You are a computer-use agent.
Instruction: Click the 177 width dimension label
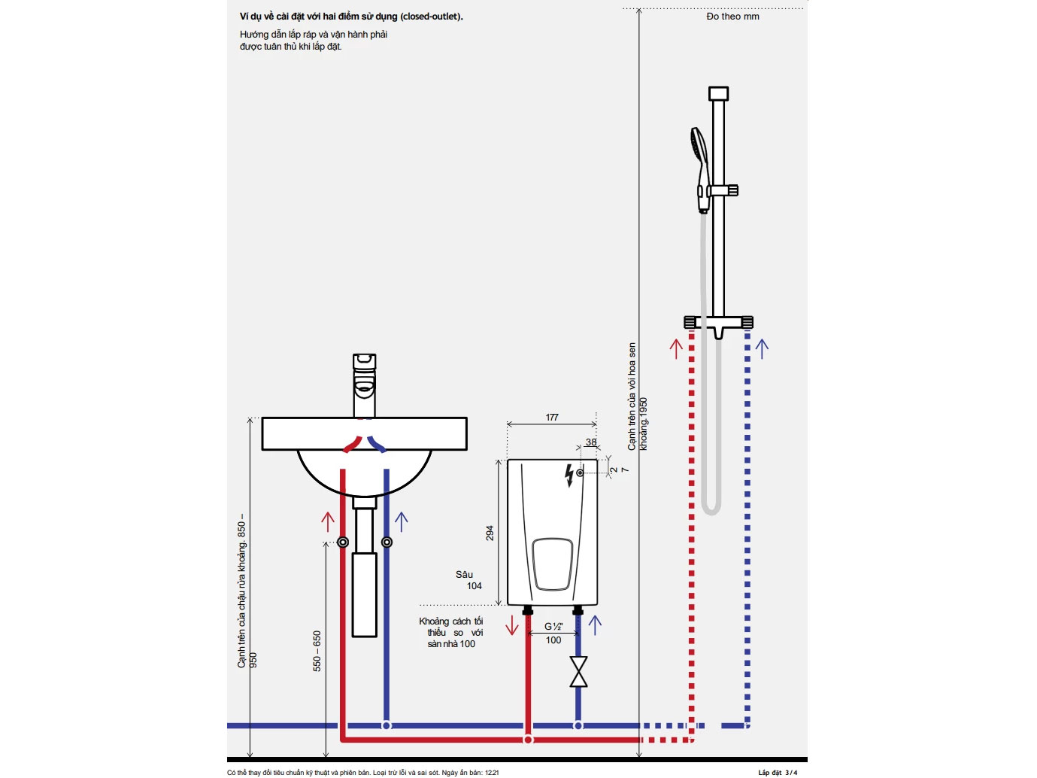(x=552, y=418)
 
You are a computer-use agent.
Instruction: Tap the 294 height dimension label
(x=490, y=533)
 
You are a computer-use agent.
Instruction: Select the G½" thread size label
(x=553, y=626)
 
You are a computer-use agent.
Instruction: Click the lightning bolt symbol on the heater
(x=569, y=475)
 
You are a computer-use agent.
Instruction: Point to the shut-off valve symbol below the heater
(x=578, y=671)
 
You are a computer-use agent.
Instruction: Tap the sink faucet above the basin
(x=365, y=384)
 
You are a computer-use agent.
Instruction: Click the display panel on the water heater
(x=553, y=564)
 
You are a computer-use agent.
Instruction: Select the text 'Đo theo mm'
(x=732, y=17)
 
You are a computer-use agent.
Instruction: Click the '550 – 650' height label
(x=317, y=651)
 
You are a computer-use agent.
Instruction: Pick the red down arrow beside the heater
(x=512, y=625)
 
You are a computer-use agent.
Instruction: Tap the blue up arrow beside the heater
(x=595, y=625)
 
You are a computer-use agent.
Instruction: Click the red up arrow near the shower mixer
(x=676, y=348)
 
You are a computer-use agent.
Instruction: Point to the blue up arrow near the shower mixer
(x=762, y=348)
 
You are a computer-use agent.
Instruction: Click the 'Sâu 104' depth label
(x=469, y=580)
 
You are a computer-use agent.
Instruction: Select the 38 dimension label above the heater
(x=591, y=442)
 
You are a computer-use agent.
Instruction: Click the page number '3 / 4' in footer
(x=791, y=773)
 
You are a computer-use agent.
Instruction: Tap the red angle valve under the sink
(x=343, y=542)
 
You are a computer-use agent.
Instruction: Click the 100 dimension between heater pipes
(x=553, y=640)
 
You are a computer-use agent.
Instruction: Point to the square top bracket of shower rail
(x=718, y=93)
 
